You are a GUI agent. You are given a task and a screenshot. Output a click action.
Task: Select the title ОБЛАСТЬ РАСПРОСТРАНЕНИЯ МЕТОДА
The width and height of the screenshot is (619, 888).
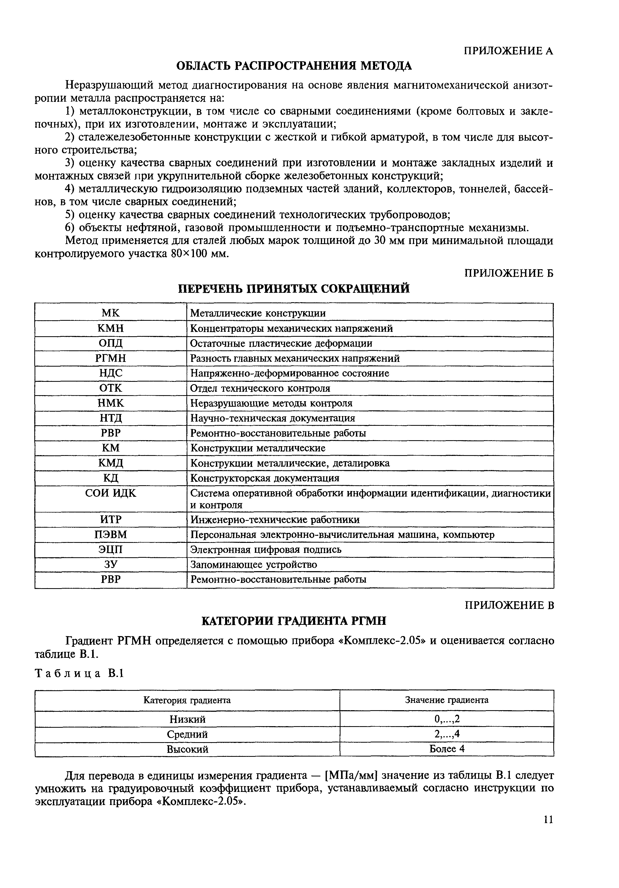[294, 66]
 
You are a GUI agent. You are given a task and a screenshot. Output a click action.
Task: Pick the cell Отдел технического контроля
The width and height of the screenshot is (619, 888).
[260, 388]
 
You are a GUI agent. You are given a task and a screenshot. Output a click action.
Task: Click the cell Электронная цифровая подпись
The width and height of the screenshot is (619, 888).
[266, 550]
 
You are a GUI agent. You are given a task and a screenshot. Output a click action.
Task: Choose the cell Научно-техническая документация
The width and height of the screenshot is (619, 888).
[272, 418]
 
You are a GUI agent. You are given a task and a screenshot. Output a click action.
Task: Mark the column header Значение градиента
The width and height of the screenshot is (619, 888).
[447, 700]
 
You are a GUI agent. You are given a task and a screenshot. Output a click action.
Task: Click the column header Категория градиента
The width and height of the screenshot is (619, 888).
[187, 700]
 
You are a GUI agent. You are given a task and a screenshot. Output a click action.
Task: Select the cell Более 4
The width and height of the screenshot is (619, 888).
[447, 749]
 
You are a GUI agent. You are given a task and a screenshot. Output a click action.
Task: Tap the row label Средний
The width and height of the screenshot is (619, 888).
[187, 734]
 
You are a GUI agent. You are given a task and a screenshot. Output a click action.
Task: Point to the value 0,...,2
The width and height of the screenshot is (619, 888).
[447, 719]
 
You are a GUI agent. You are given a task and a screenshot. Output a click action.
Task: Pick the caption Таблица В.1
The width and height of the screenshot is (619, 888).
[79, 673]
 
